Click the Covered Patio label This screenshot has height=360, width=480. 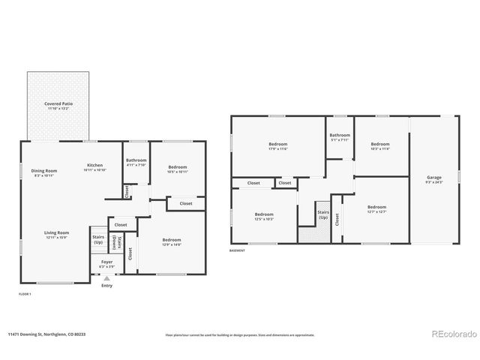[x=58, y=106]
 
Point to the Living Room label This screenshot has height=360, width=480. [x=56, y=235]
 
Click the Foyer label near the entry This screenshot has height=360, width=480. [x=106, y=264]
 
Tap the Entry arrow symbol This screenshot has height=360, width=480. [x=106, y=278]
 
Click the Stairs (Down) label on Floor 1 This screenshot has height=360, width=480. [x=115, y=243]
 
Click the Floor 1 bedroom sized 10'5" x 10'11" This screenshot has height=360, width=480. [x=177, y=169]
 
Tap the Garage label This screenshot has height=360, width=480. [x=434, y=179]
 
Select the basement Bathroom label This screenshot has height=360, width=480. [x=340, y=136]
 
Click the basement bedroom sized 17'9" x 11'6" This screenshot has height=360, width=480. [x=278, y=145]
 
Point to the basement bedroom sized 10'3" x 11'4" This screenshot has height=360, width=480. [x=379, y=145]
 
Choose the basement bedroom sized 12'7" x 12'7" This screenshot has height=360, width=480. [x=376, y=208]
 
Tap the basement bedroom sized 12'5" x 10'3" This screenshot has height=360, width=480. [x=264, y=216]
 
